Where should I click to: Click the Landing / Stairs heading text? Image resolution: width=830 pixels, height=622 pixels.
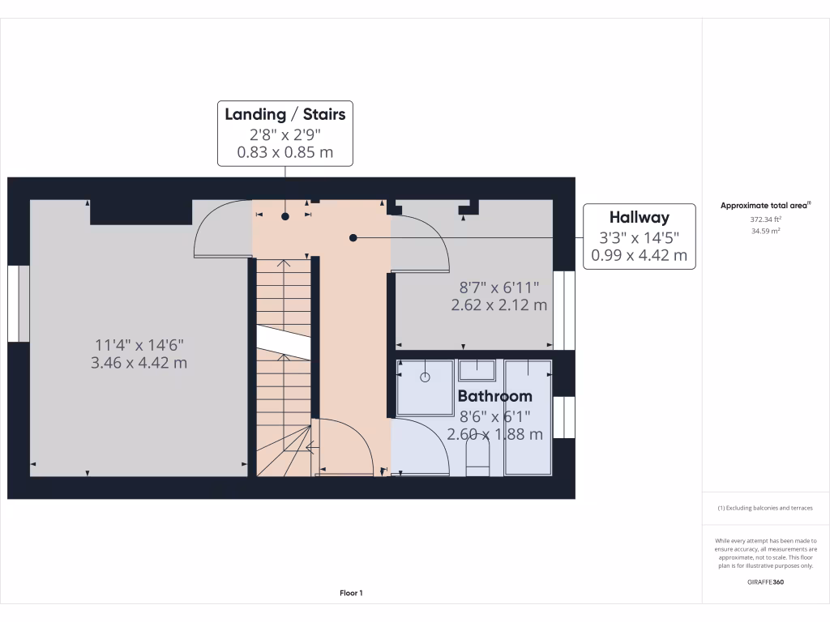285,114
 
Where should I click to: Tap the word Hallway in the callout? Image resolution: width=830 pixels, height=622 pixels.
639,217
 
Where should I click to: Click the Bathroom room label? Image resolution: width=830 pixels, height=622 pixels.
494,396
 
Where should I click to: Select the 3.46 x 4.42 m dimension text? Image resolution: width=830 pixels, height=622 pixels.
139,362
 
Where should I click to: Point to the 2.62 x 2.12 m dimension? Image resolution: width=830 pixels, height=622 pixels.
498,305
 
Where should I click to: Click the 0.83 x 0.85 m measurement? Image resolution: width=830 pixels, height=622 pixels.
285,151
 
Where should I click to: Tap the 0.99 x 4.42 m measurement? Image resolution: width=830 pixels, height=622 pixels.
639,257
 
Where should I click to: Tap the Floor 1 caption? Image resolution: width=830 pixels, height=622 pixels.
351,593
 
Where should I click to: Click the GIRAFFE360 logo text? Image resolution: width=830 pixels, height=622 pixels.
765,582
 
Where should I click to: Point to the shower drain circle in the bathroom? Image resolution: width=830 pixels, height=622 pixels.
425,377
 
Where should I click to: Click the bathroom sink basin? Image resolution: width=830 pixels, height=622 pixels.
478,371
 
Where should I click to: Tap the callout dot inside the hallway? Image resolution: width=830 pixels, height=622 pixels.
353,237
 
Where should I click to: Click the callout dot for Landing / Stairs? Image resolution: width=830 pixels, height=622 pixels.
285,216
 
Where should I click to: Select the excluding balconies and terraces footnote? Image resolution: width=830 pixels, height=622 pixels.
765,508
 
